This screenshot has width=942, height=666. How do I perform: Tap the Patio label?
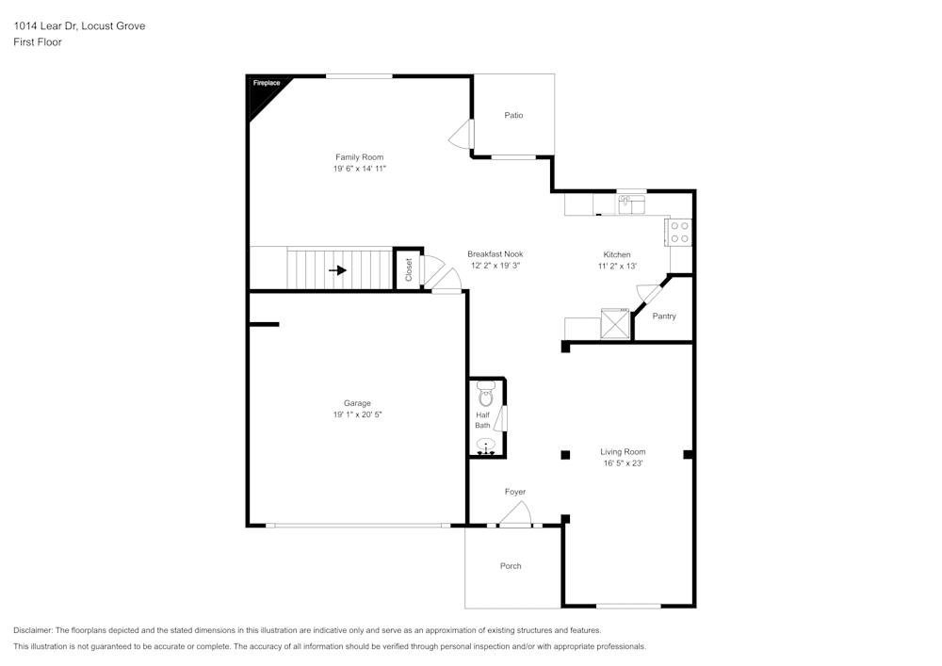pos(513,115)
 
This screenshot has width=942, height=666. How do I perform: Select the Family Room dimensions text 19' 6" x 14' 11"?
pos(360,169)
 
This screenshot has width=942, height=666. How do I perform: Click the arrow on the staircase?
pos(337,270)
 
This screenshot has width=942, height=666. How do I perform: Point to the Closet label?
pos(408,270)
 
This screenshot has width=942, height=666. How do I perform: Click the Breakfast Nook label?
pos(495,254)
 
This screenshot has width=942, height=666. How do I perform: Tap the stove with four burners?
pos(680,232)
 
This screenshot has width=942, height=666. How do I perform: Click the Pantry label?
pos(664,317)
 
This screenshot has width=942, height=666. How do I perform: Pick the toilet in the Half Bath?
pos(486,396)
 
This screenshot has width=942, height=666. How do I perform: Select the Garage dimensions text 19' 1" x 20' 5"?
pos(357,414)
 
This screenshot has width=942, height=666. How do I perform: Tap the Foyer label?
pos(514,492)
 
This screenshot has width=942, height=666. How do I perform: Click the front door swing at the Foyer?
pos(516,513)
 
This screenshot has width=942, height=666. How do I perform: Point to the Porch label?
pos(511,566)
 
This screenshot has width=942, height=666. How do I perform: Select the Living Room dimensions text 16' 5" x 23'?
pos(623,463)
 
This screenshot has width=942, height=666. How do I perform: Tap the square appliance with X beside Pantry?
pos(615,324)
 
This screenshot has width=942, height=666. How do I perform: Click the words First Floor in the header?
pos(38,42)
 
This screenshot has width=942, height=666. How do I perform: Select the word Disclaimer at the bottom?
pos(33,630)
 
